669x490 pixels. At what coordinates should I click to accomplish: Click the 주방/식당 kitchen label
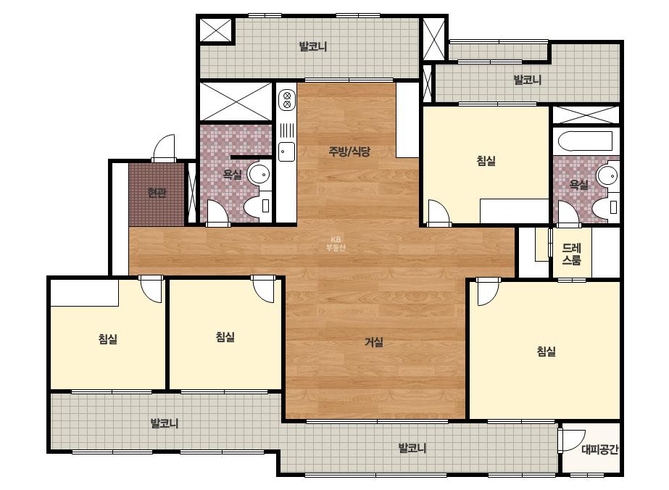coord(349,151)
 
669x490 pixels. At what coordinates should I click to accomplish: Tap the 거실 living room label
coord(374,342)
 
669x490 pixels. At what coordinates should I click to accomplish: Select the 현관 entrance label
coord(157,193)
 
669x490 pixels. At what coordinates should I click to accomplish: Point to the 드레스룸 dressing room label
coord(572,254)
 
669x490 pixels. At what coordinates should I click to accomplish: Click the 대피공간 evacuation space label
coord(600,449)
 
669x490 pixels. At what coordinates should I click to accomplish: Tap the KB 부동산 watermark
coord(336,244)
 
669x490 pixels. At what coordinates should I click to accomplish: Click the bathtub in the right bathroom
coord(585,141)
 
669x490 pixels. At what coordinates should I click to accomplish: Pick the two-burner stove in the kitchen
coord(287,100)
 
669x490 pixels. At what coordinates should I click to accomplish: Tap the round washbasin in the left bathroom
coord(259,174)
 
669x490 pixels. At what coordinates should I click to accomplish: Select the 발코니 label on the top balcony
coord(312,46)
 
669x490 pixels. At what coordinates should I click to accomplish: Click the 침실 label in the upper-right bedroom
coord(486,161)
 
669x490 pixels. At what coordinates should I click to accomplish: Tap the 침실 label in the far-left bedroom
coord(107,339)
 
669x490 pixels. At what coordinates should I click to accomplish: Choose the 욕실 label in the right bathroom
coord(578,185)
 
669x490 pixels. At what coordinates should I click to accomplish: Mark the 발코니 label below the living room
coord(412,448)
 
